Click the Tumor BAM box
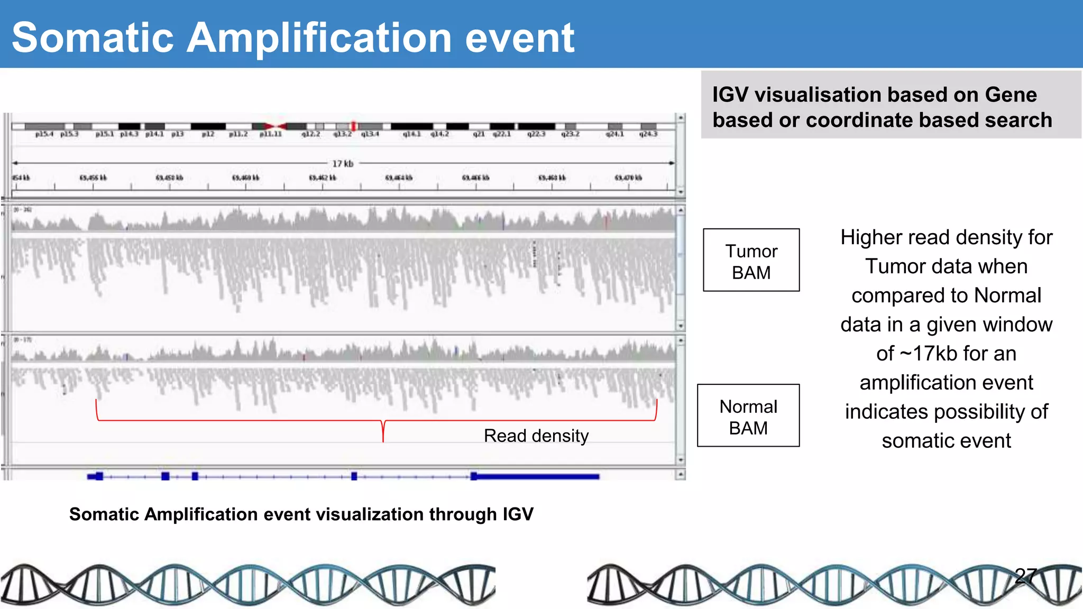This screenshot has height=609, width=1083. click(x=751, y=260)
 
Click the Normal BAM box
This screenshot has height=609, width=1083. click(x=748, y=416)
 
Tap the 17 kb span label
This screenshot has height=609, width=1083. click(x=343, y=163)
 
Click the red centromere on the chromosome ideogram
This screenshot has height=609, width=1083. click(x=276, y=126)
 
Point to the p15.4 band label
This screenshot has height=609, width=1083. click(x=44, y=134)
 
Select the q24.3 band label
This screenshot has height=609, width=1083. click(x=648, y=134)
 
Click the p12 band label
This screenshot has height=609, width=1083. click(x=208, y=134)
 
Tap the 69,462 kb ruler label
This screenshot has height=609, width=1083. click(x=323, y=178)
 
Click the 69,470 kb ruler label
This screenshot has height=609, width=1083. click(x=628, y=178)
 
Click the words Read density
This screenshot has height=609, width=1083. click(x=536, y=436)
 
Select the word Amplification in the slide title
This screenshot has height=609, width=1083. click(x=319, y=38)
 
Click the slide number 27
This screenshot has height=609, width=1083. click(x=1026, y=576)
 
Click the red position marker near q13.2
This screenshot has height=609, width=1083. click(x=354, y=126)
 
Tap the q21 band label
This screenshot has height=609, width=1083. click(x=479, y=134)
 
